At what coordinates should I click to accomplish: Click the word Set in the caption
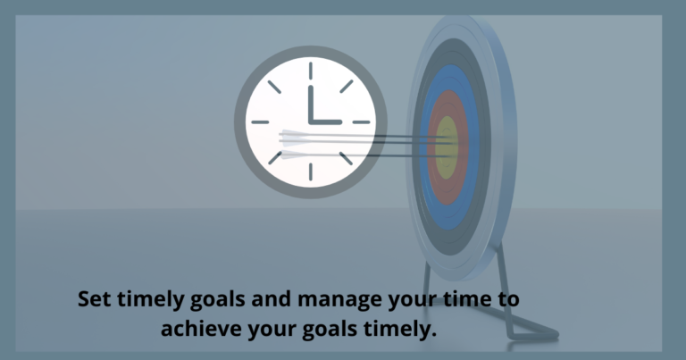click(95, 299)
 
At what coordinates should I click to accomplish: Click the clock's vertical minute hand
click(309, 103)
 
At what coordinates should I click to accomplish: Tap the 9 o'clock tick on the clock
click(260, 121)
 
